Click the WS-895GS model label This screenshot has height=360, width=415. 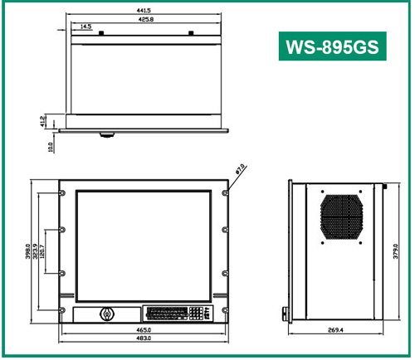pos(330,47)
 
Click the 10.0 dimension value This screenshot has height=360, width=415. pos(51,146)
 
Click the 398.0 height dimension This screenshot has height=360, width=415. pos(27,251)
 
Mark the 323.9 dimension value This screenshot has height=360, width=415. pos(37,251)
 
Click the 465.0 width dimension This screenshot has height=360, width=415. pos(144,330)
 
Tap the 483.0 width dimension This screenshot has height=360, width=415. pos(144,339)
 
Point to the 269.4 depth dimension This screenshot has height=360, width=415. pos(335,330)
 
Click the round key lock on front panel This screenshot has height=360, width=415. pos(105,314)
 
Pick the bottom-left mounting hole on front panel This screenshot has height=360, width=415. pos(63,310)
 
